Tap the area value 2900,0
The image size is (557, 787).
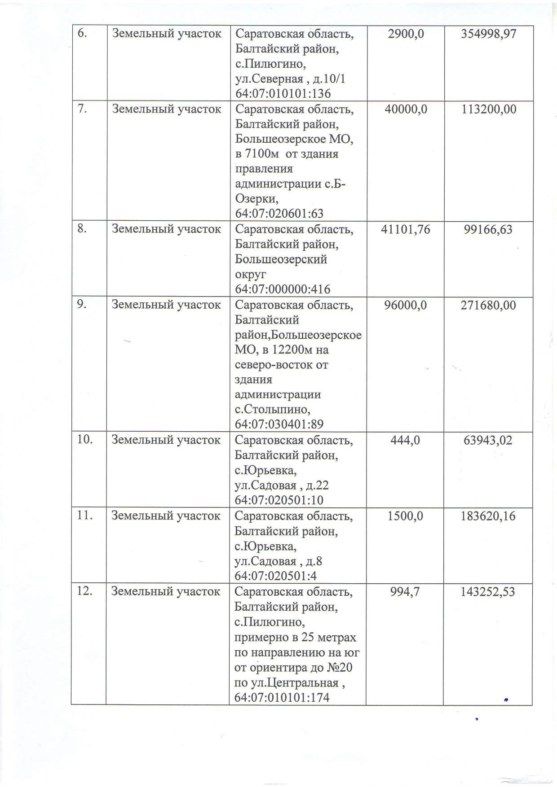[406, 33]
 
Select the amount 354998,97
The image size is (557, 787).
[489, 34]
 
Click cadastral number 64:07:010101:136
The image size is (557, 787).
[283, 94]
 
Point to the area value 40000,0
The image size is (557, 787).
[406, 109]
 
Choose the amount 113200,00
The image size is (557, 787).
[489, 109]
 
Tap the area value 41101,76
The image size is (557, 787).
[406, 230]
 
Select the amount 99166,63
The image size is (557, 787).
[489, 230]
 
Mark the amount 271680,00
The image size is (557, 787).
[489, 306]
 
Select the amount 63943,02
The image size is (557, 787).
[488, 440]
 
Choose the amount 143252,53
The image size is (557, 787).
[488, 592]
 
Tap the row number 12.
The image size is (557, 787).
[84, 591]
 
